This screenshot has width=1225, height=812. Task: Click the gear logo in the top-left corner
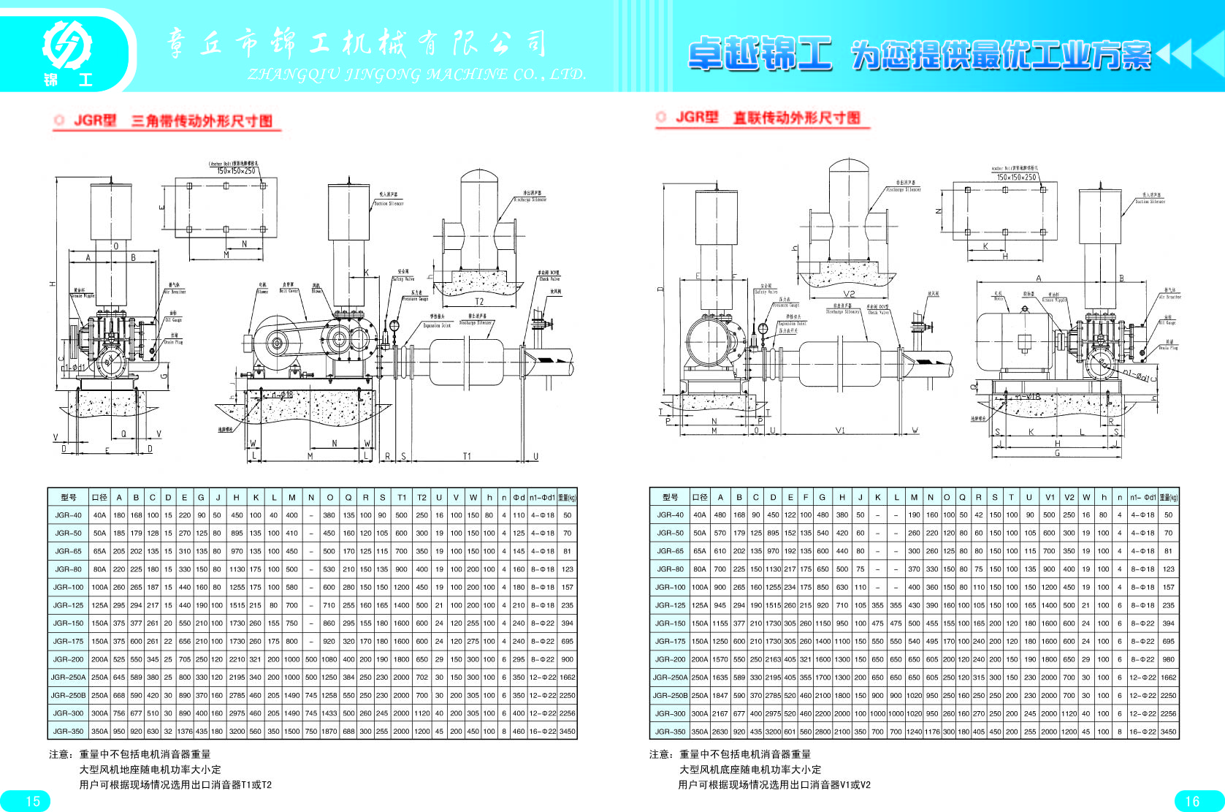click(x=66, y=45)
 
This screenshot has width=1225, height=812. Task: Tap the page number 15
click(x=33, y=801)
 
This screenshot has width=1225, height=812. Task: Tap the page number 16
click(x=1192, y=801)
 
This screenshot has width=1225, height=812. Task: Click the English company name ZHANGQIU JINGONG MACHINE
click(x=416, y=74)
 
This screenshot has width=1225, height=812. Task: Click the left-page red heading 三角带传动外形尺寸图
click(x=202, y=121)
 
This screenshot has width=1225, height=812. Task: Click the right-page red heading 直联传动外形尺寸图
click(x=796, y=118)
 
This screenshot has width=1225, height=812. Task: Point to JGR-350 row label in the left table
click(x=68, y=731)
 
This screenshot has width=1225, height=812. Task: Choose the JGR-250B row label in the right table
click(x=670, y=695)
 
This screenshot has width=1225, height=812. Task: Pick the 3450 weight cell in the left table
click(x=567, y=731)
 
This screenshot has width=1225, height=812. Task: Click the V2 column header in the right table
click(x=1069, y=497)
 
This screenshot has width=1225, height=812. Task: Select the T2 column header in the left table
click(x=421, y=497)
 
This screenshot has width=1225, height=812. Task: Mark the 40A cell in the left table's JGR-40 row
click(x=99, y=515)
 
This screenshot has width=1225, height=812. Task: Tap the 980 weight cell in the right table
click(x=1168, y=659)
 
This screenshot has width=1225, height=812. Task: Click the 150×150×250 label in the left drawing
click(x=236, y=170)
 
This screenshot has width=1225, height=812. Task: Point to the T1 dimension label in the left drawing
click(x=467, y=456)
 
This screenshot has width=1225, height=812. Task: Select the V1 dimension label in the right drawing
click(x=840, y=430)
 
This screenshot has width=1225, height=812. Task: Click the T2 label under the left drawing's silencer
click(x=479, y=301)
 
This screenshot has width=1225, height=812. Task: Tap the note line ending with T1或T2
click(x=175, y=785)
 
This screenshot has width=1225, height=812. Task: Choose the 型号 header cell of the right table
click(x=670, y=497)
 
